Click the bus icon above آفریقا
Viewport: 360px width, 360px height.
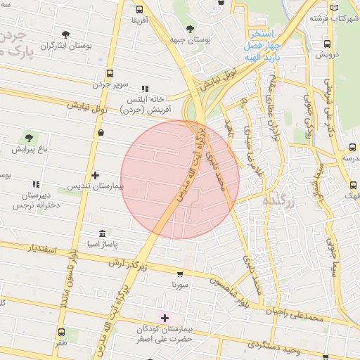[139, 10]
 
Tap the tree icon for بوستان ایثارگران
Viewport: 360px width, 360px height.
[65, 34]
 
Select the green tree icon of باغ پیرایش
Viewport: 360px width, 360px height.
[28, 138]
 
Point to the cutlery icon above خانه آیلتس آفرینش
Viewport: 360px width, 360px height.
[145, 89]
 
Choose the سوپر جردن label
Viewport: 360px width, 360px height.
[110, 84]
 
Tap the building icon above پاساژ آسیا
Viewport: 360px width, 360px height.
[103, 233]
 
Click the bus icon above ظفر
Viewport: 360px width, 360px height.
[61, 333]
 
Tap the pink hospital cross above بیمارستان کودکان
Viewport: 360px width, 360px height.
[165, 318]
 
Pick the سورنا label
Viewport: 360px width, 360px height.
[180, 285]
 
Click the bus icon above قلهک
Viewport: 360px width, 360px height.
[352, 186]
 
